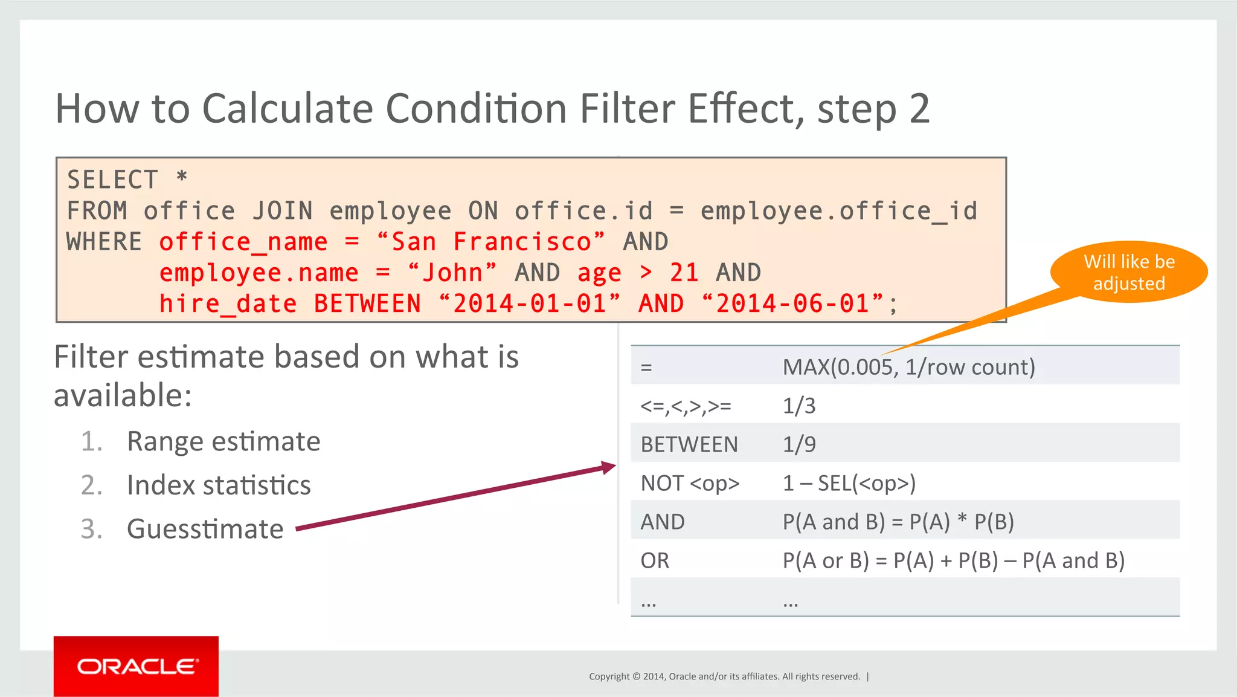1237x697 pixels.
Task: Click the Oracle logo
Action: pos(136,666)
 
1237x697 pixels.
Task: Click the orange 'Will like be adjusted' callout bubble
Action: pos(1128,273)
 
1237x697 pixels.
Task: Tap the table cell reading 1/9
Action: pos(798,444)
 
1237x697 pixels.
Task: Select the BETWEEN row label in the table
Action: pos(689,444)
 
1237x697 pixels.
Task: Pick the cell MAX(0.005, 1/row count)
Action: pos(908,367)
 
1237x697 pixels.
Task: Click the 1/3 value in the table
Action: pos(798,406)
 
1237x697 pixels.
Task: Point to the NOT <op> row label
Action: pos(690,483)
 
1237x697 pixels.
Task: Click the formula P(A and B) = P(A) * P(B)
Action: pos(898,522)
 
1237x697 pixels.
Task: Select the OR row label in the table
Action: pos(655,560)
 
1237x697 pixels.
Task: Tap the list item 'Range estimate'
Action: pos(223,441)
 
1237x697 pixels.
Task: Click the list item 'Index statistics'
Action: pos(219,485)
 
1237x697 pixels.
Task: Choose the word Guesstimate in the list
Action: pos(205,529)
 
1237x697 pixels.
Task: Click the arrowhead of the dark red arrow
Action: pos(609,467)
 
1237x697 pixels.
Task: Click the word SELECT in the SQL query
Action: pos(112,180)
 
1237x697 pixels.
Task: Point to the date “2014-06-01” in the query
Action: pos(793,303)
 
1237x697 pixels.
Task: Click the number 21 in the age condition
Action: pos(684,273)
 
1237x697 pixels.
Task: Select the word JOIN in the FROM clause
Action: pos(283,211)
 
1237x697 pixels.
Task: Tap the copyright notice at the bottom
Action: pos(724,676)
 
